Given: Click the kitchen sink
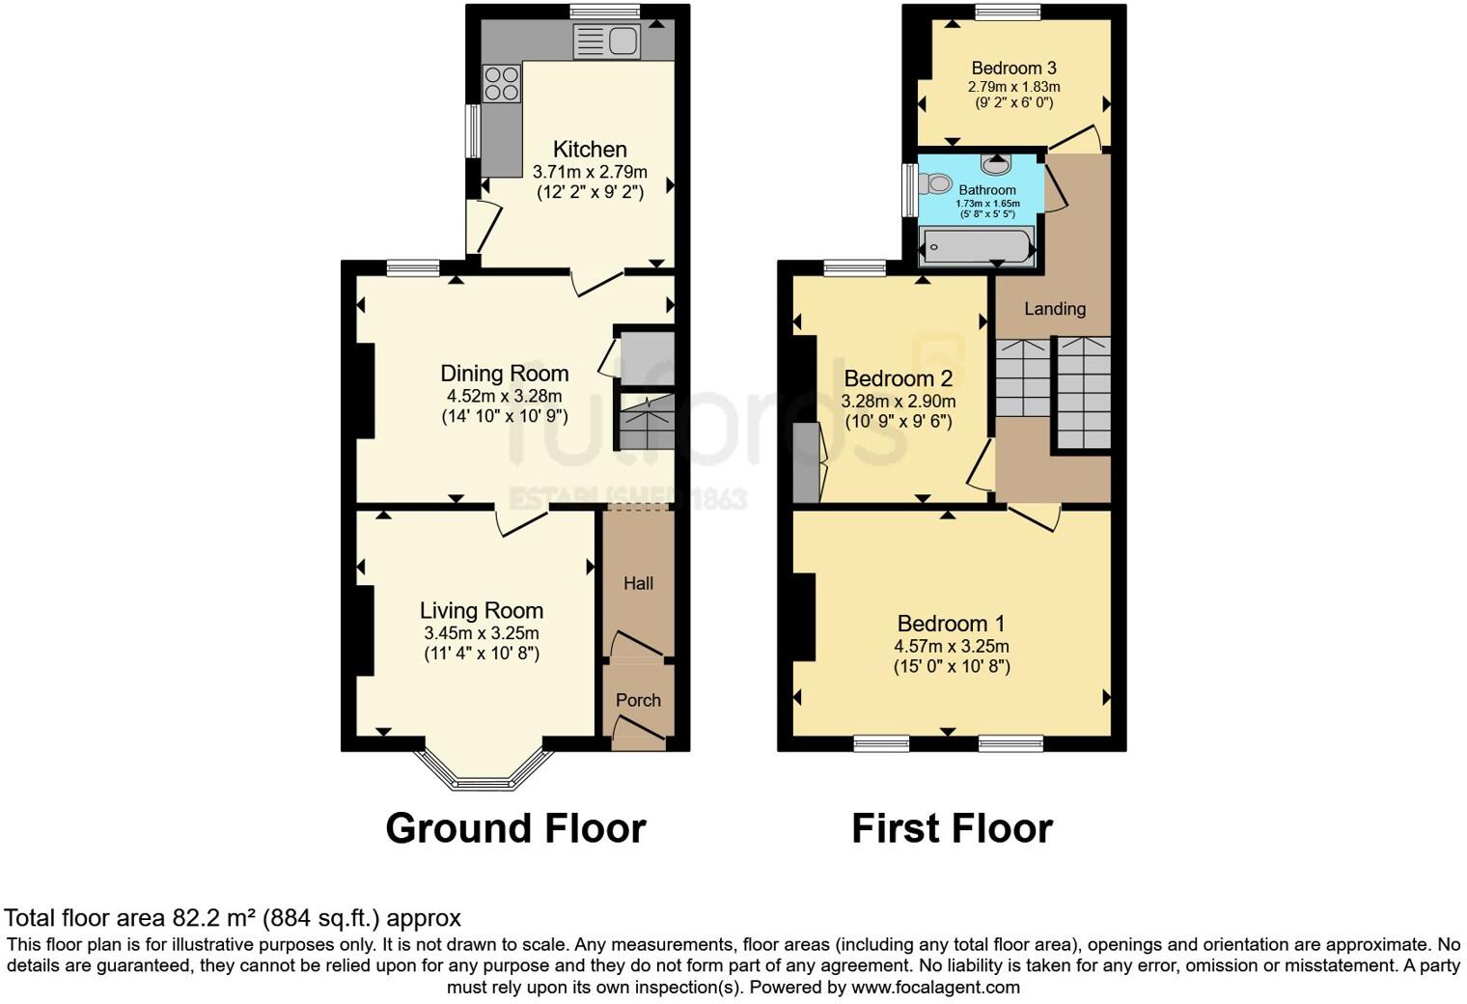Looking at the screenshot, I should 606,42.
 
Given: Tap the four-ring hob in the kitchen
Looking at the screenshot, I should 501,83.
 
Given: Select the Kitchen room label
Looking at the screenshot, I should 590,150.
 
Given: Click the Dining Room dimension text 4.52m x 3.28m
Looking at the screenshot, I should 504,396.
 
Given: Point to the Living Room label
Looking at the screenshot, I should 481,610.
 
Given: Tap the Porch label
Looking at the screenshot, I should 638,700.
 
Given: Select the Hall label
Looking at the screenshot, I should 638,583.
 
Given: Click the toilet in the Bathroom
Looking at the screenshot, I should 933,182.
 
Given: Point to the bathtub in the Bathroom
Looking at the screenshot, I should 976,246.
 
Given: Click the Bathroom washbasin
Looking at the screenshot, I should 996,164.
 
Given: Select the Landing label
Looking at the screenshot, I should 1054,309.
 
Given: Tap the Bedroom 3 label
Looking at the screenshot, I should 1013,68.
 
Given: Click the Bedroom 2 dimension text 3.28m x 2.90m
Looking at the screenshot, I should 898,401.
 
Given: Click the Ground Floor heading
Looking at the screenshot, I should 515,828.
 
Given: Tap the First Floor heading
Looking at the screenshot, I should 952,828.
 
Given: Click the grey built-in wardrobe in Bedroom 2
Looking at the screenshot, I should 805,463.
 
